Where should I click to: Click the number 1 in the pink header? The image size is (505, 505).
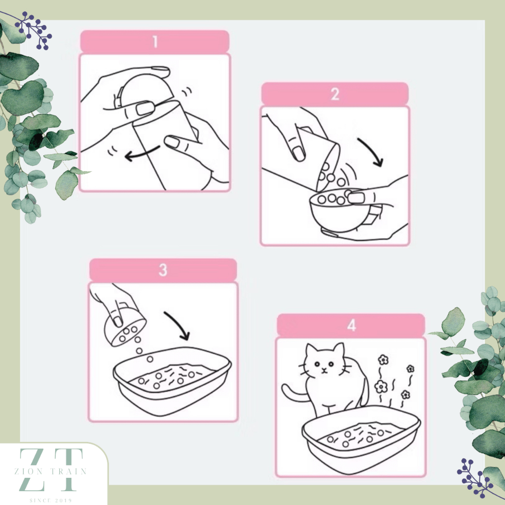pyautogui.click(x=155, y=41)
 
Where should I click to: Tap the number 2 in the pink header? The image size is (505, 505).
pyautogui.click(x=335, y=94)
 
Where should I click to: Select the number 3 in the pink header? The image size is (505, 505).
pyautogui.click(x=163, y=270)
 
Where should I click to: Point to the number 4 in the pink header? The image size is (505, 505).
pyautogui.click(x=351, y=325)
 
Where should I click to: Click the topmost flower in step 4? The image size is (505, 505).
pyautogui.click(x=383, y=360)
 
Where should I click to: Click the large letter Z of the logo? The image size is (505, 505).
pyautogui.click(x=32, y=469)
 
